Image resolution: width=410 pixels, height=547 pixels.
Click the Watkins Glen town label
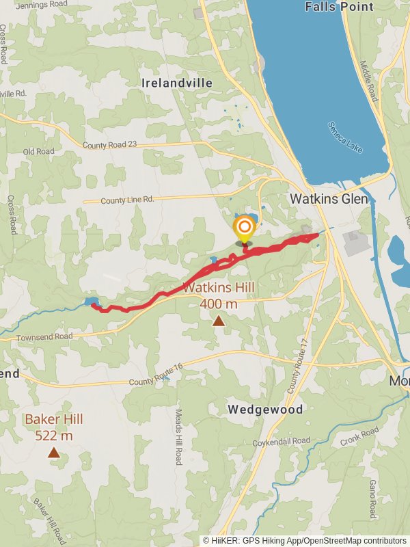(329, 199)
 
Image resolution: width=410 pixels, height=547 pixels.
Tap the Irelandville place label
(177, 83)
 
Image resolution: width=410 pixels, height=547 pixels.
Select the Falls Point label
(340, 7)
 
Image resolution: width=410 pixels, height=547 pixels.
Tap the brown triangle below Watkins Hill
(218, 321)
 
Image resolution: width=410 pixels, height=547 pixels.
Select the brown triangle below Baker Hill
(54, 452)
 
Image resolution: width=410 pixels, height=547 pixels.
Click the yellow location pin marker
(244, 230)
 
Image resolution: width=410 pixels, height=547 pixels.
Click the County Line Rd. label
(128, 200)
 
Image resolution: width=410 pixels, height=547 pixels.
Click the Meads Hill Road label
(178, 437)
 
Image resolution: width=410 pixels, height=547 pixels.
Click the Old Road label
(38, 152)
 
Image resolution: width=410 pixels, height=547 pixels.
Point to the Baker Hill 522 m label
(49, 427)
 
